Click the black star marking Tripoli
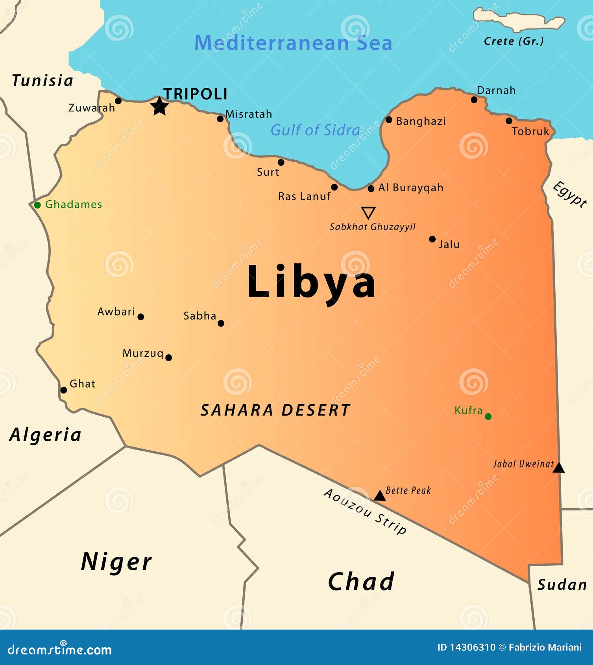click(160, 106)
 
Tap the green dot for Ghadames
click(37, 205)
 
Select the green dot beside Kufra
click(488, 416)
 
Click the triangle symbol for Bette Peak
click(379, 496)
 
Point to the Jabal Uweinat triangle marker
click(559, 468)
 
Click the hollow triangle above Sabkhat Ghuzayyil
click(368, 212)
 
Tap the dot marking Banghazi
click(389, 120)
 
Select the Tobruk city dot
click(509, 121)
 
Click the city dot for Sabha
click(221, 323)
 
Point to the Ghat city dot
click(63, 390)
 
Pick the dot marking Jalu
click(432, 239)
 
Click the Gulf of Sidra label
click(315, 130)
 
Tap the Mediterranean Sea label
click(293, 43)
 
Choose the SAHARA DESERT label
click(275, 410)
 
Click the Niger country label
click(116, 562)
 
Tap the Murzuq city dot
click(168, 357)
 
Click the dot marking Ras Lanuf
click(334, 187)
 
